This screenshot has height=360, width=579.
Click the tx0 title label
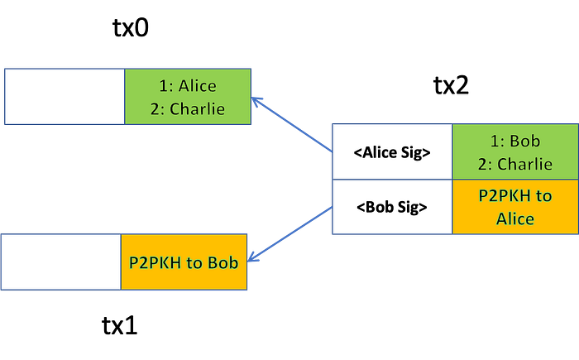tap(131, 27)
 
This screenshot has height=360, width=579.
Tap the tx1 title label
tap(119, 325)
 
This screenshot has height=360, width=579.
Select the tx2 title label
tap(451, 85)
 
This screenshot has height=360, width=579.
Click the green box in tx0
tap(188, 97)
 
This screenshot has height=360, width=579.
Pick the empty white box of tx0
tap(65, 97)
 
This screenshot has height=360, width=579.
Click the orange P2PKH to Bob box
tap(184, 262)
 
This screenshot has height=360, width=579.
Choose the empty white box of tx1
tap(61, 262)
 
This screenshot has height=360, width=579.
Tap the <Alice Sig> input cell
tap(392, 151)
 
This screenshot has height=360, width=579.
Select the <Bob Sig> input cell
tap(392, 207)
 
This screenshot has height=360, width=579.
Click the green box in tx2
tap(515, 151)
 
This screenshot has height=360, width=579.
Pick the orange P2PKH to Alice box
tap(515, 207)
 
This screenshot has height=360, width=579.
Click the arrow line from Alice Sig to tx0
tap(292, 125)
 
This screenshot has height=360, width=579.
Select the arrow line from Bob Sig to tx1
tap(289, 234)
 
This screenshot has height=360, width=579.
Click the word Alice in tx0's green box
tap(198, 86)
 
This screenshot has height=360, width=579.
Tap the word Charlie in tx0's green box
tap(197, 109)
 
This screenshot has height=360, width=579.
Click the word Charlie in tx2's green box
tap(524, 164)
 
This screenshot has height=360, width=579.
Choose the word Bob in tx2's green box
tap(524, 141)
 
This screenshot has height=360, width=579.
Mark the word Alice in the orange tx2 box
tap(515, 218)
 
